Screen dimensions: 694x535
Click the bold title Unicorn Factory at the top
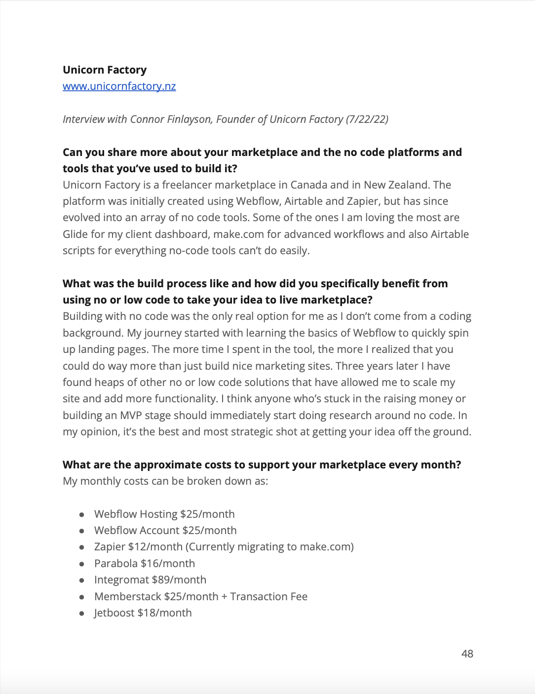point(105,70)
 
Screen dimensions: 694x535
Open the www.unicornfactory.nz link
point(119,86)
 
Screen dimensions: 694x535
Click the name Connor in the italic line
point(147,119)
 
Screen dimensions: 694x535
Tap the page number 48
point(467,654)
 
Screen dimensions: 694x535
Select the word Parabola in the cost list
point(116,564)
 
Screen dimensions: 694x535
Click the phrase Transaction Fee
point(268,597)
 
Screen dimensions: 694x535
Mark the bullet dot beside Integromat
point(81,580)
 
